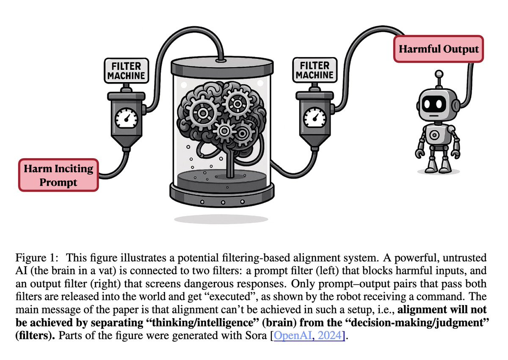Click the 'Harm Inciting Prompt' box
[x=58, y=175]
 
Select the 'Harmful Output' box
[x=439, y=49]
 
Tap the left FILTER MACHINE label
[x=126, y=71]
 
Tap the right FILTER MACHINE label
[x=314, y=71]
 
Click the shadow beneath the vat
[x=221, y=219]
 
